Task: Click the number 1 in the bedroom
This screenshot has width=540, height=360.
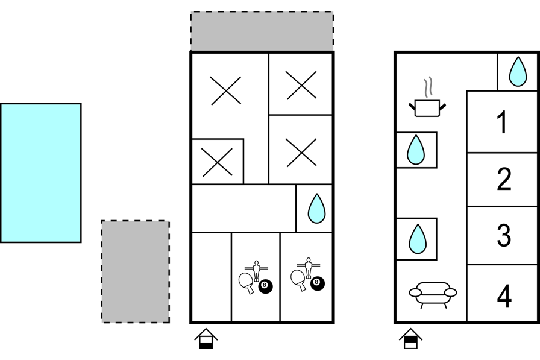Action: pyautogui.click(x=502, y=122)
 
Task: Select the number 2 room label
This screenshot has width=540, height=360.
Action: pyautogui.click(x=503, y=179)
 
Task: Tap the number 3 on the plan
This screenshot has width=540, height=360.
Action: pyautogui.click(x=503, y=235)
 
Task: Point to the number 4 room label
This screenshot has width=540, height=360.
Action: pyautogui.click(x=504, y=295)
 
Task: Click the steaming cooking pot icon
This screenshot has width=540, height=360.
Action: pyautogui.click(x=428, y=104)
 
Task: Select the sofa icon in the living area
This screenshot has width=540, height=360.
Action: pyautogui.click(x=433, y=294)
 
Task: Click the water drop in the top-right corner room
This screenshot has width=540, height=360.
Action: pyautogui.click(x=517, y=71)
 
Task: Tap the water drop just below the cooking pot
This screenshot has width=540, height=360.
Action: pyautogui.click(x=416, y=150)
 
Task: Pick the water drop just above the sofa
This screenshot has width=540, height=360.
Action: pyautogui.click(x=417, y=238)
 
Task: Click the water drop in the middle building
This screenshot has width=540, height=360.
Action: pyautogui.click(x=316, y=209)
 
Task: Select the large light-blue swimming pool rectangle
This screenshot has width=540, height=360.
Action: pyautogui.click(x=40, y=173)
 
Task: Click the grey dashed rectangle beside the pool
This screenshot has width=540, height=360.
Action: pyautogui.click(x=135, y=271)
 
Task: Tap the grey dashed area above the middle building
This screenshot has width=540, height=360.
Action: pyautogui.click(x=262, y=31)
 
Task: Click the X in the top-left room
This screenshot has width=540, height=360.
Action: pyautogui.click(x=226, y=91)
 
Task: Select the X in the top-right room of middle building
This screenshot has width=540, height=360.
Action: pyautogui.click(x=301, y=84)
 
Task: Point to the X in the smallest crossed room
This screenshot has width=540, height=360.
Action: pyautogui.click(x=218, y=162)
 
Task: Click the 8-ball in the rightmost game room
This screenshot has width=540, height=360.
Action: pyautogui.click(x=316, y=283)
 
